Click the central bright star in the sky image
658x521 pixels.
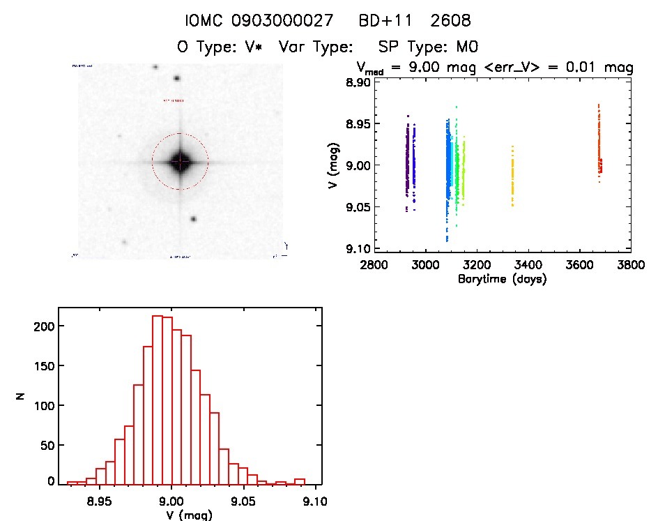(180, 161)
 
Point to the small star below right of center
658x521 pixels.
(193, 218)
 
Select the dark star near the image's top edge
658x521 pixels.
(177, 80)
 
